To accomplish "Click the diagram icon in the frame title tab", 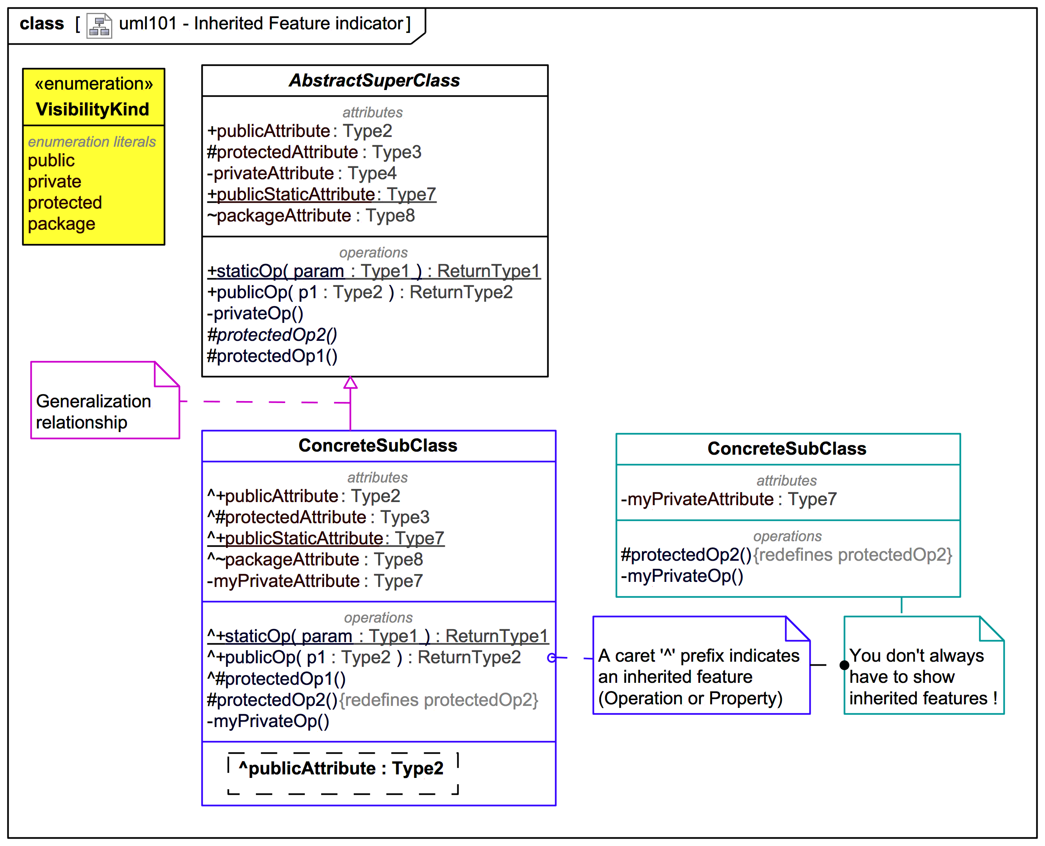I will coord(99,25).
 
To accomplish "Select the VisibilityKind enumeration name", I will coord(93,109).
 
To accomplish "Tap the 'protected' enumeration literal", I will coord(65,202).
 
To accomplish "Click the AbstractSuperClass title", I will coord(374,80).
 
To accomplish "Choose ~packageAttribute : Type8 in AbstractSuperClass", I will coord(311,215).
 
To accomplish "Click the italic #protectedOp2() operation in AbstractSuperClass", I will coord(272,335).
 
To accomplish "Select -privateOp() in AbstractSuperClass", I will coord(255,313).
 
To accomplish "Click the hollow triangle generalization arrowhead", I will coord(350,383).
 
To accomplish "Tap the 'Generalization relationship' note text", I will coord(94,411).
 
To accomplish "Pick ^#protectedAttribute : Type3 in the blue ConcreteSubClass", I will coord(318,517).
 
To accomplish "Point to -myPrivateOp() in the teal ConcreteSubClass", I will coord(682,576).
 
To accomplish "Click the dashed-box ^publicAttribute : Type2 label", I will coord(341,768).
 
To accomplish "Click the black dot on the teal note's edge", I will coord(844,665).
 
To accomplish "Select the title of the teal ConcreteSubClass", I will coord(787,448).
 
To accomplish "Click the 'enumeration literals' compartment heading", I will coord(92,142).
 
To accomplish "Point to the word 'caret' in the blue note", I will coord(635,656).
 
